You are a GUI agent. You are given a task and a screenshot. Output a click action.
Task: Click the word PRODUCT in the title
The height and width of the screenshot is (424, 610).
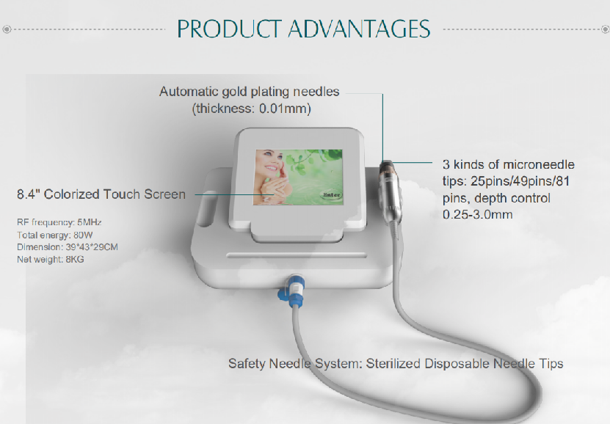tap(229, 29)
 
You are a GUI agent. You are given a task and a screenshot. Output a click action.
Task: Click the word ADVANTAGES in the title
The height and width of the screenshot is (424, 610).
tap(359, 29)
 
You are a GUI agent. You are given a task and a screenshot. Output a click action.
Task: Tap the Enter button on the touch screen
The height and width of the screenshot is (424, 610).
tap(332, 194)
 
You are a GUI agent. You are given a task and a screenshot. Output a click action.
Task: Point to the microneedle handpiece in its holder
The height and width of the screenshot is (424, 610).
tap(390, 192)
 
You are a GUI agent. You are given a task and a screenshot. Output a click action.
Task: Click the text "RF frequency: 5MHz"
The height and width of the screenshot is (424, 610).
tap(59, 222)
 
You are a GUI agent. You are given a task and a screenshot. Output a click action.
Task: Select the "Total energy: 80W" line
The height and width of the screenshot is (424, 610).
tap(55, 235)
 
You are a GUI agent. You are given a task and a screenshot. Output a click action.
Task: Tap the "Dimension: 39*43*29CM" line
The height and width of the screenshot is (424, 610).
tap(68, 247)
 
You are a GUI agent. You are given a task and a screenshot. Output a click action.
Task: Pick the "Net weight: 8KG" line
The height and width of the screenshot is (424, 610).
tap(50, 259)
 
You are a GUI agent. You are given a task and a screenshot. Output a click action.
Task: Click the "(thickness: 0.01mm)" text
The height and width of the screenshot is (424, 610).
tap(252, 109)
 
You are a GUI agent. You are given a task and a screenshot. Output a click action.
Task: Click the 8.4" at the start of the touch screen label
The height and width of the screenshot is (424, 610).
tap(29, 194)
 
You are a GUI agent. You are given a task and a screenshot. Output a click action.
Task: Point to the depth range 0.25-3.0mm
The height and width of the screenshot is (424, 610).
tap(478, 214)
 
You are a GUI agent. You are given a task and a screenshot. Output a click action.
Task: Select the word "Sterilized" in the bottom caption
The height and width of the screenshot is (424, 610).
tap(393, 364)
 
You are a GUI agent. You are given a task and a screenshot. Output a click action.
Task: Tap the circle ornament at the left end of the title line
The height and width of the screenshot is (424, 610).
tap(7, 29)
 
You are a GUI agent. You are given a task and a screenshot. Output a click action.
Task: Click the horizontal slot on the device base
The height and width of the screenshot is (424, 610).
tap(297, 255)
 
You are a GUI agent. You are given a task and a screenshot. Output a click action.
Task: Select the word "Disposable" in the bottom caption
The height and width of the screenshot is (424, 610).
tap(457, 364)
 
